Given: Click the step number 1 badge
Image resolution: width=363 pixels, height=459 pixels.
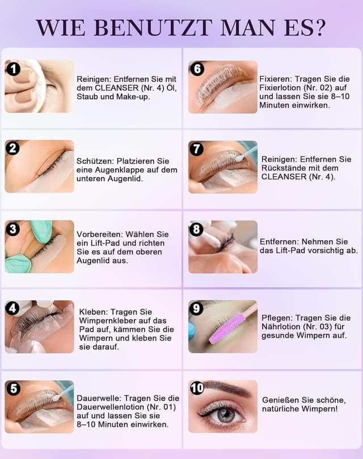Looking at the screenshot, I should click(12, 69).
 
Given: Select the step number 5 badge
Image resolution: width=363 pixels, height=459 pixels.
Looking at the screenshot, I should click(12, 389).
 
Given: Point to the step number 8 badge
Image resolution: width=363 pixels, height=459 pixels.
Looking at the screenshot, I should click(196, 229).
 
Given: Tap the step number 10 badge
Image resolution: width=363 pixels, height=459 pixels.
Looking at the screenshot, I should click(197, 388).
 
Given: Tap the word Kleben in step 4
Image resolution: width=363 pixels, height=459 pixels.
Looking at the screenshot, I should click(91, 312).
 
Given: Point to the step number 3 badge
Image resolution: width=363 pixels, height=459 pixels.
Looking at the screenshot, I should click(12, 229).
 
